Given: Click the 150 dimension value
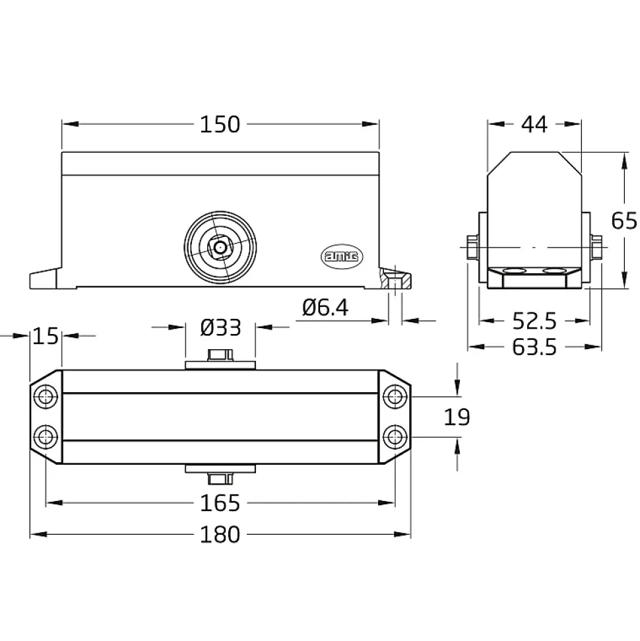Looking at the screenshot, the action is click(x=220, y=124).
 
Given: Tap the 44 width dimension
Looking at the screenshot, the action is click(x=534, y=124).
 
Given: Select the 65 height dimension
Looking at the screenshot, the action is click(x=624, y=220).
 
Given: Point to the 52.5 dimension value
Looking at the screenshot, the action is click(x=534, y=321).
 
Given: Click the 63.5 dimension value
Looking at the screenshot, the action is click(x=534, y=347).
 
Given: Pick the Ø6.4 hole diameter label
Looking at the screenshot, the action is click(x=325, y=308).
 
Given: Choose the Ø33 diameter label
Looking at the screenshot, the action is click(x=220, y=327).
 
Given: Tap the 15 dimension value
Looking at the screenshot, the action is click(x=46, y=337).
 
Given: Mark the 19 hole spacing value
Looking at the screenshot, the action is click(x=457, y=417).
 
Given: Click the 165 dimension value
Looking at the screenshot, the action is click(x=220, y=503).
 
